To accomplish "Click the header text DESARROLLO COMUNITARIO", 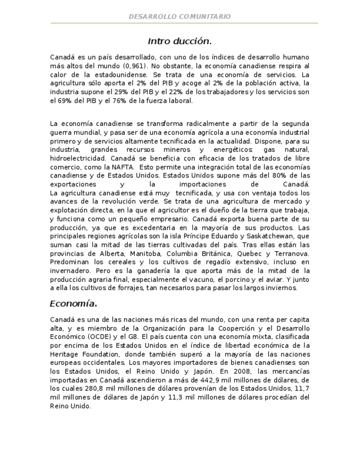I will pyautogui.click(x=180, y=17).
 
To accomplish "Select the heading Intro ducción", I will pyautogui.click(x=180, y=41).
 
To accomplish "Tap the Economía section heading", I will pyautogui.click(x=73, y=303).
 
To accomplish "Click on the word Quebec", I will pyautogui.click(x=250, y=253).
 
